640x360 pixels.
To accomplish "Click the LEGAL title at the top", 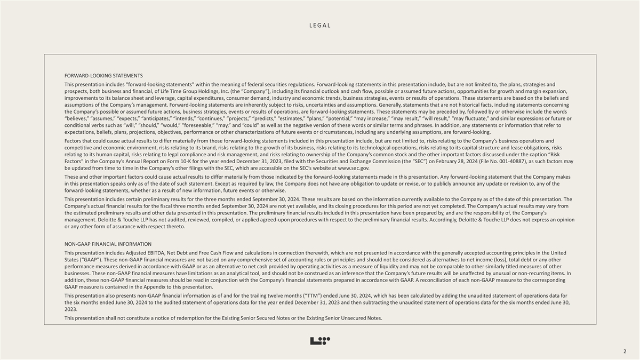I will point(320,26).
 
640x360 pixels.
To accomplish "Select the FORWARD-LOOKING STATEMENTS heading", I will point(103,76).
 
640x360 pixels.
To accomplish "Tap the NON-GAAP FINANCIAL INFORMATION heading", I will point(108,244).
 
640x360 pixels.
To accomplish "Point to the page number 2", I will point(624,351).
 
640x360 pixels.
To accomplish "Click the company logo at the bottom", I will point(320,341).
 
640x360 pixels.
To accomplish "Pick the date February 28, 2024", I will point(471,161).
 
